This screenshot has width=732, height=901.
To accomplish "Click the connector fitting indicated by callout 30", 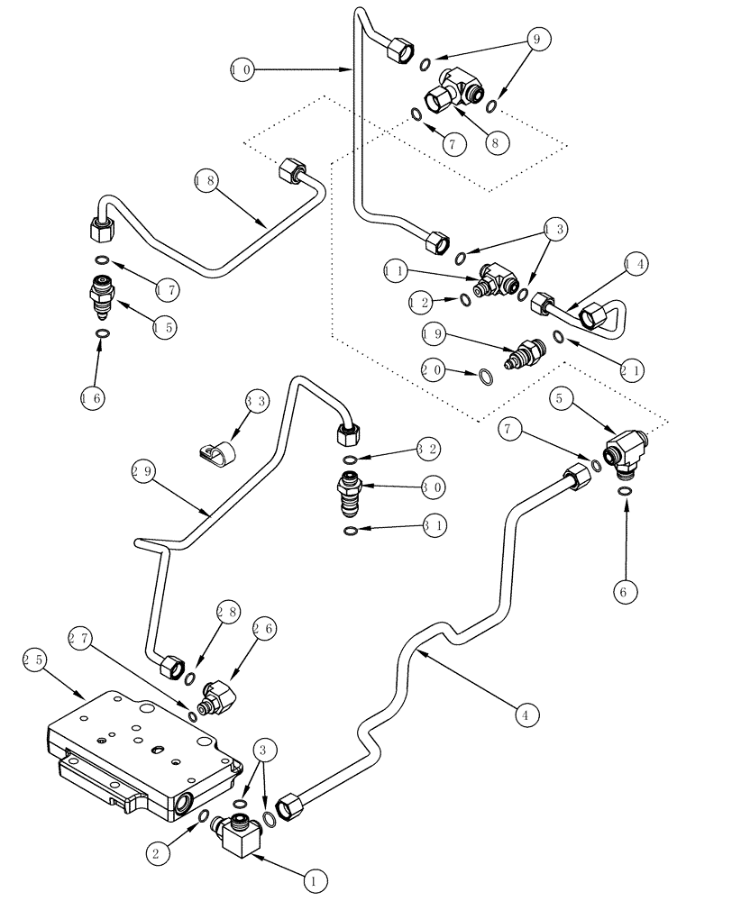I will pyautogui.click(x=351, y=492).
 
